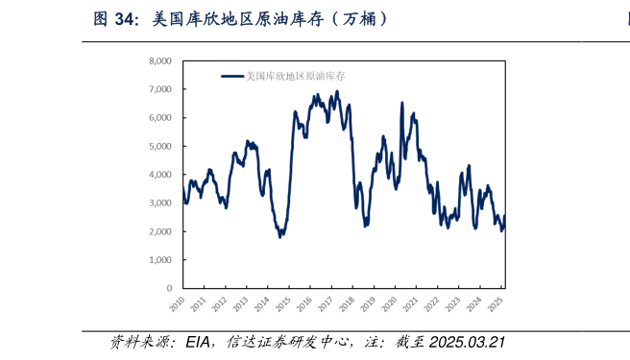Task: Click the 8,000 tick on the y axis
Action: (x=159, y=60)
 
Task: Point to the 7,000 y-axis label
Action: (x=159, y=89)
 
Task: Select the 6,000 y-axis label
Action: (x=159, y=117)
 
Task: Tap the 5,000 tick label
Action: (x=159, y=146)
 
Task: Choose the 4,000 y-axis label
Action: (x=159, y=175)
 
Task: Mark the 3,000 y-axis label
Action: (x=159, y=204)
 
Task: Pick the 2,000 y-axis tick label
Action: (x=159, y=231)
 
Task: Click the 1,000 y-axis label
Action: (x=159, y=260)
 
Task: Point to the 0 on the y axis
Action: (x=168, y=288)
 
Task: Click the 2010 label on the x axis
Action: (x=177, y=304)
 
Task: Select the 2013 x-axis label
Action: (x=240, y=304)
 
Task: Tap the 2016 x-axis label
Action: (x=303, y=304)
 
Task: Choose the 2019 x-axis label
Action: (x=367, y=304)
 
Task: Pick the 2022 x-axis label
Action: (x=431, y=304)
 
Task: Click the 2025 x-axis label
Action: (x=495, y=304)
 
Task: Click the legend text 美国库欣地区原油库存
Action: (x=295, y=76)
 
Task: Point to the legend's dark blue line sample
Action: (x=232, y=76)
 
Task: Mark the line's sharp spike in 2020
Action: (x=401, y=104)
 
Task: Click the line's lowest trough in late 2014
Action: (x=280, y=236)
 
